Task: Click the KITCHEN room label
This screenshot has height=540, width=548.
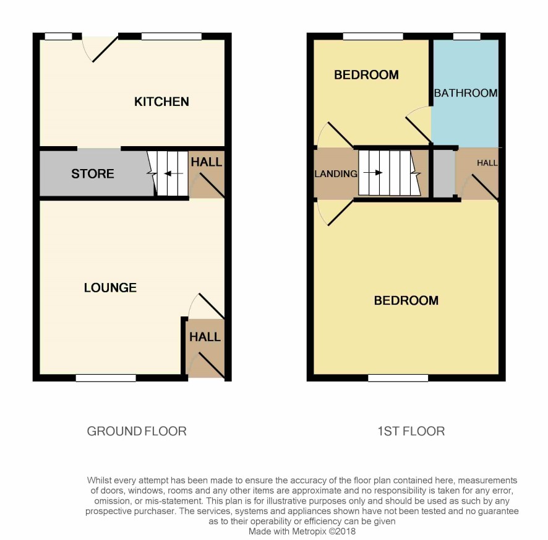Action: click(161, 102)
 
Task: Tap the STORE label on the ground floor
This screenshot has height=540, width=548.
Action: click(93, 173)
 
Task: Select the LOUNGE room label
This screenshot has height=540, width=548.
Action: click(110, 288)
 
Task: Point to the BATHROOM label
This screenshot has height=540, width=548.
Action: click(466, 93)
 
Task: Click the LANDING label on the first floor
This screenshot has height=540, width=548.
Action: click(336, 174)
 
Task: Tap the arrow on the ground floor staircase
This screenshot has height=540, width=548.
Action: click(173, 173)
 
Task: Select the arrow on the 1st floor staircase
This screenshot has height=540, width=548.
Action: click(373, 173)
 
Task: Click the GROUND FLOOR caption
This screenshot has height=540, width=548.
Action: click(137, 431)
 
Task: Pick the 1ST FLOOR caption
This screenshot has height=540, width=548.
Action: click(411, 431)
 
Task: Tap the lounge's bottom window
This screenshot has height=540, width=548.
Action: click(106, 378)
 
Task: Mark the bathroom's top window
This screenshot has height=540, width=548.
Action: click(466, 36)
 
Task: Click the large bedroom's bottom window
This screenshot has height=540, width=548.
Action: click(398, 378)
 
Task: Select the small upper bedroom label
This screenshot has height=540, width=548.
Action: click(366, 75)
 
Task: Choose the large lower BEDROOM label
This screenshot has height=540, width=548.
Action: click(406, 300)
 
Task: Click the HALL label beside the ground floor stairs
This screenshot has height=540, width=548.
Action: click(206, 162)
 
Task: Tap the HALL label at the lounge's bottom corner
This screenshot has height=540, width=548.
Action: click(205, 337)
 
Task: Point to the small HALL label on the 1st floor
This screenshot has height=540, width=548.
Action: click(487, 163)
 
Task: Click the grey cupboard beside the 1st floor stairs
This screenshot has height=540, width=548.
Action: click(444, 173)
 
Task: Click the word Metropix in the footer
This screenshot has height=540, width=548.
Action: click(309, 531)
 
